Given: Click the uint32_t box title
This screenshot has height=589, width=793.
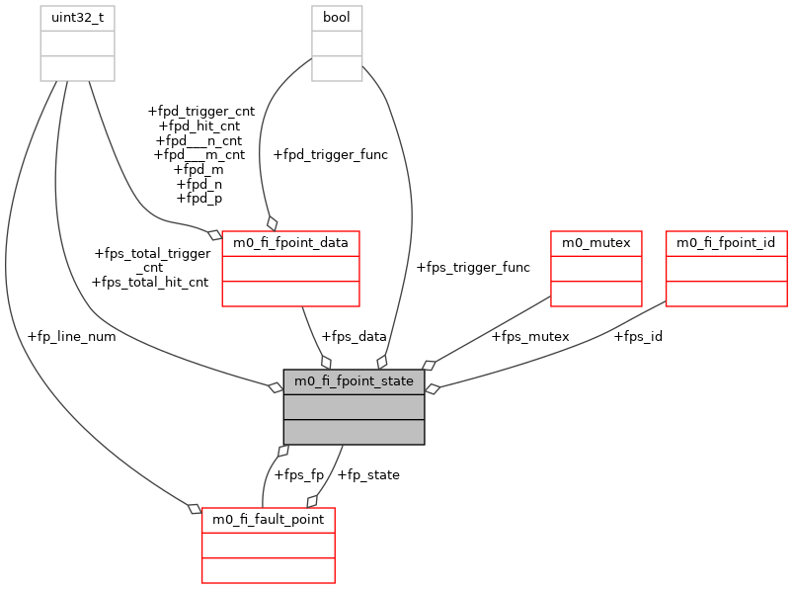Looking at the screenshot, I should click(x=77, y=17).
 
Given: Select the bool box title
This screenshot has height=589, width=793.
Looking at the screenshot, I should click(x=337, y=17).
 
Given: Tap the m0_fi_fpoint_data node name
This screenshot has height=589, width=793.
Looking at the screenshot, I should click(x=290, y=242).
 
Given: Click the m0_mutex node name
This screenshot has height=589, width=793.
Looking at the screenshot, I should click(x=596, y=242).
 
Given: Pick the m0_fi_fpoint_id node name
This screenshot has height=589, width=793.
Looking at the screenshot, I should click(x=727, y=242).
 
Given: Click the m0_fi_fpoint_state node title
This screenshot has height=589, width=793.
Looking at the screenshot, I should click(x=354, y=380).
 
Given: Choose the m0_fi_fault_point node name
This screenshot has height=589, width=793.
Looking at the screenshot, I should click(x=269, y=519).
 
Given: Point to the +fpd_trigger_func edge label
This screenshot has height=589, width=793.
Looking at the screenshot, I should click(x=330, y=154).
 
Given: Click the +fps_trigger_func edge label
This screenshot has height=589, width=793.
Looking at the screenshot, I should click(x=473, y=267).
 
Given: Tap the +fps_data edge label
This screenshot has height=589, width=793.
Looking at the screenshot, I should click(x=354, y=336).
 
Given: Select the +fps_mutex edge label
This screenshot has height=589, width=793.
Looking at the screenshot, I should click(x=529, y=336).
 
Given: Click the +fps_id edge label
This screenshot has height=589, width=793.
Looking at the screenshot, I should click(x=638, y=336).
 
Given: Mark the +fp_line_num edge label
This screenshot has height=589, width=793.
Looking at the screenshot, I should click(x=72, y=336).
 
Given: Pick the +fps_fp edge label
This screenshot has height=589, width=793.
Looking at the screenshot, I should click(x=298, y=474).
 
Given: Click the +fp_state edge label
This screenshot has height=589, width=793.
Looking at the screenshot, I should click(x=368, y=474).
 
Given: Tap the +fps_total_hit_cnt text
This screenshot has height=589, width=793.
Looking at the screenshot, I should click(x=149, y=282).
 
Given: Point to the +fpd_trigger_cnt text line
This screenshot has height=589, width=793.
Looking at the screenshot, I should click(x=200, y=112).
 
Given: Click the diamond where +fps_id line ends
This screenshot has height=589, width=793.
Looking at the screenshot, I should click(x=433, y=388).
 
